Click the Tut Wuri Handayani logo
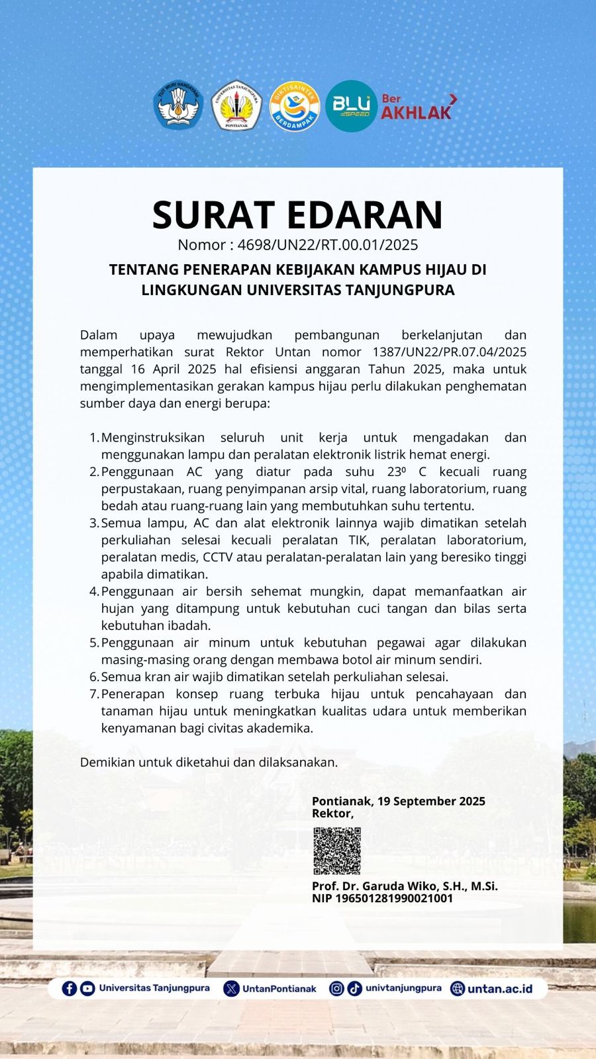(178, 105)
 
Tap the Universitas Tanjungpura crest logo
(236, 105)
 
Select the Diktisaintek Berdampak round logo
(295, 106)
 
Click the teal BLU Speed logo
(351, 106)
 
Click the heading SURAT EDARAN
(297, 214)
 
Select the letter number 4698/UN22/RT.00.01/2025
(328, 245)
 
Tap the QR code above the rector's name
(337, 851)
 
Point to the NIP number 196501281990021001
(394, 898)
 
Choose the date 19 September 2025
(431, 801)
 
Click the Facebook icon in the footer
(69, 988)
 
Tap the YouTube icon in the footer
(87, 988)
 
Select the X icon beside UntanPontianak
(231, 989)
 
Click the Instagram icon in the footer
(336, 988)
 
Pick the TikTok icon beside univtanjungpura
(354, 988)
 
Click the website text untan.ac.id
(499, 989)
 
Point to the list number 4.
(94, 591)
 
